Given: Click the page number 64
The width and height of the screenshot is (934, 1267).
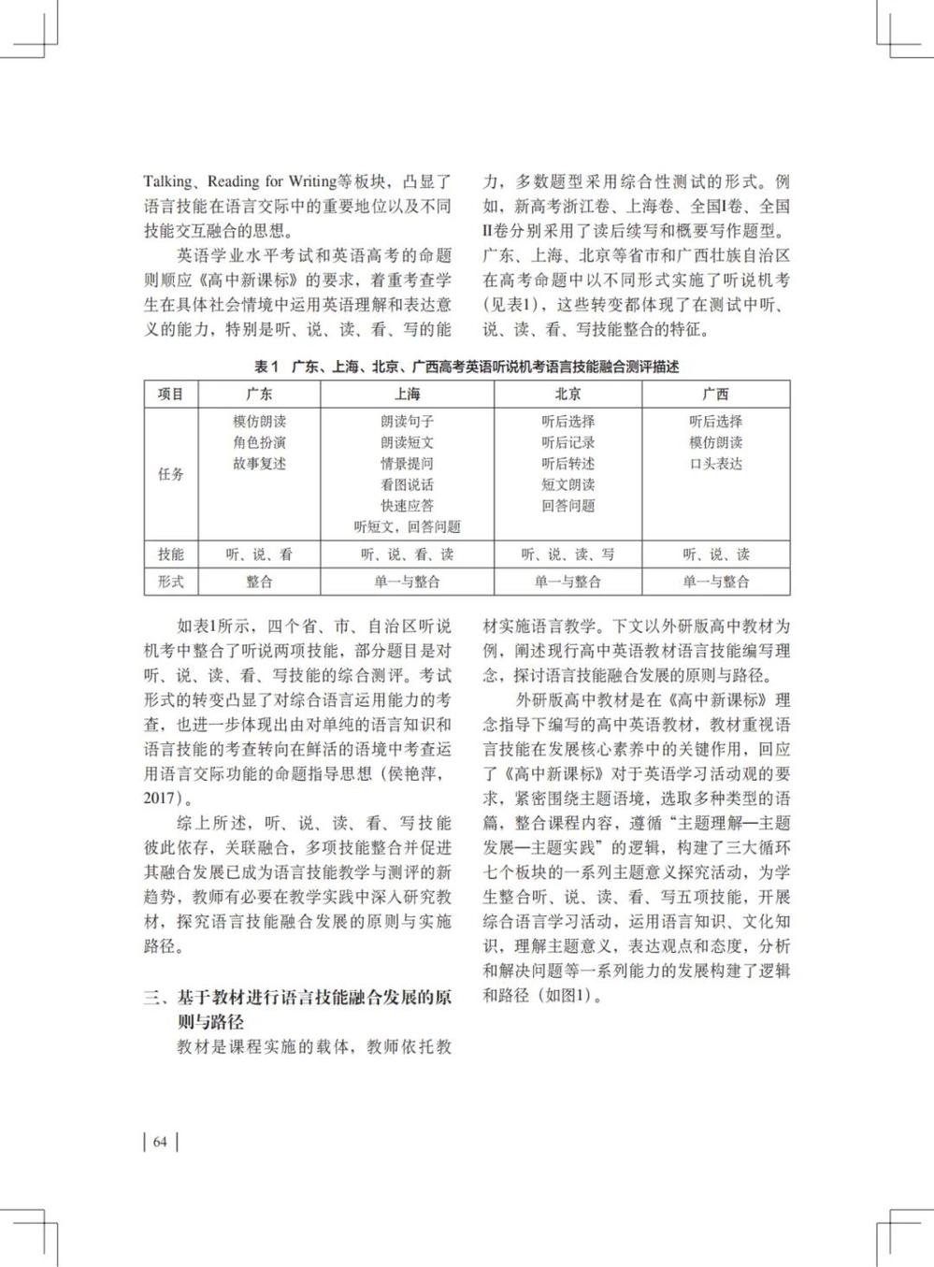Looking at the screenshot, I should (160, 1142).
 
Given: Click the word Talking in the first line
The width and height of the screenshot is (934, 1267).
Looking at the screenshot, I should (167, 181).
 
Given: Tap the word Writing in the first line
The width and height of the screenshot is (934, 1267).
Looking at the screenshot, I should (311, 181).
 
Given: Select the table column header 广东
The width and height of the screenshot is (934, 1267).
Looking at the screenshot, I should (260, 395).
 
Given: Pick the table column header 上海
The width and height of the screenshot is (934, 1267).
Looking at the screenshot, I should (407, 395).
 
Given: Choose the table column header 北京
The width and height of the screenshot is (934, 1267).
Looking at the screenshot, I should (568, 395).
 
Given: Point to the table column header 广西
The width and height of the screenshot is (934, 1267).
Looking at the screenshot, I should (715, 395).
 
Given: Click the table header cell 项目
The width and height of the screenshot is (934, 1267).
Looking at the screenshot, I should (171, 395).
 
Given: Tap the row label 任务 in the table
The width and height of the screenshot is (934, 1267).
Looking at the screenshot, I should (171, 474).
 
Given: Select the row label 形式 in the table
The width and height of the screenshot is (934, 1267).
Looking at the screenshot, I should (171, 582).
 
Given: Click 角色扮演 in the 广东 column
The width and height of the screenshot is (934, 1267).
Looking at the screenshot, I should (260, 442).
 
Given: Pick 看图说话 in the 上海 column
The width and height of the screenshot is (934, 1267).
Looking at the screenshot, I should (407, 484).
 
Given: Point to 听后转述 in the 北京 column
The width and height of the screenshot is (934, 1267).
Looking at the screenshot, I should (568, 464).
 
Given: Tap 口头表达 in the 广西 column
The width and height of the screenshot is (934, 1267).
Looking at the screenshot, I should (715, 464).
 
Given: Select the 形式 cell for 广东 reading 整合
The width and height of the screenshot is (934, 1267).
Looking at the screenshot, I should (260, 582).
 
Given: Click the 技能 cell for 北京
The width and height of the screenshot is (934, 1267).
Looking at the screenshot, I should (568, 554).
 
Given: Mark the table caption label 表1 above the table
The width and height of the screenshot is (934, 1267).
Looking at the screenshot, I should (266, 367).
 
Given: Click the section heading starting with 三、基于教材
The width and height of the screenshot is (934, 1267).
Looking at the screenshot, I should (297, 998).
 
